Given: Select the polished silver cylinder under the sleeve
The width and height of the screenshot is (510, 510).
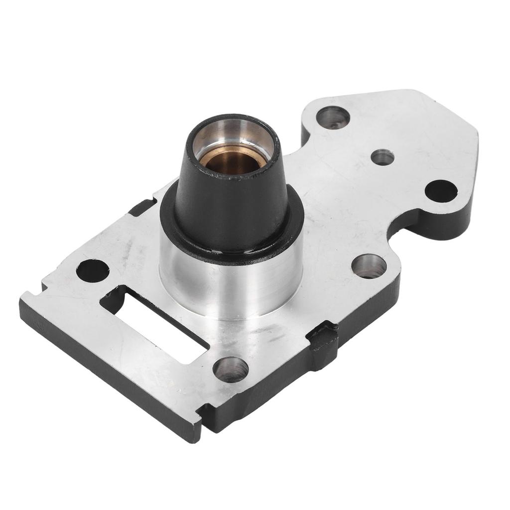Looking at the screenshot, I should click(229, 289).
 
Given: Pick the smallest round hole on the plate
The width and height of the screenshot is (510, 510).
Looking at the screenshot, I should click(382, 157).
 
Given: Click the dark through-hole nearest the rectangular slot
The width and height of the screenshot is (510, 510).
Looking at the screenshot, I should click(93, 270).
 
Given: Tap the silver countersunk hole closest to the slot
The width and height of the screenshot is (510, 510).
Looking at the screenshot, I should click(230, 369).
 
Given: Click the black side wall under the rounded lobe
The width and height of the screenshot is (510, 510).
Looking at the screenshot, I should click(443, 224).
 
